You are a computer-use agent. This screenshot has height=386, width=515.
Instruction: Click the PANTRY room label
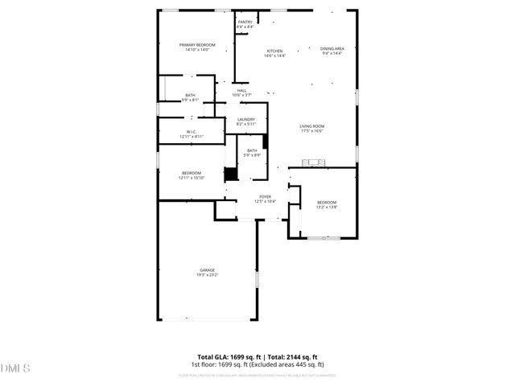tap(245, 23)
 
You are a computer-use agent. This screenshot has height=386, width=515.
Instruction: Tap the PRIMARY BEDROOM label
tap(194, 45)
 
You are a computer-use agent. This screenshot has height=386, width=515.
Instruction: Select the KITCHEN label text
tap(274, 51)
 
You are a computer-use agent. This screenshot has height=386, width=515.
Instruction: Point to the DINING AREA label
tap(332, 49)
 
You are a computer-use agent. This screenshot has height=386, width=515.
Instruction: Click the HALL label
tap(241, 91)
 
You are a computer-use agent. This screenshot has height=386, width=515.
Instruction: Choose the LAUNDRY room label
tap(245, 120)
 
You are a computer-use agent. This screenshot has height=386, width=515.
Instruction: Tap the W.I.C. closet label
tap(192, 132)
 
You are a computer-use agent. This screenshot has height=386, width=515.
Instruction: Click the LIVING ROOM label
tap(311, 126)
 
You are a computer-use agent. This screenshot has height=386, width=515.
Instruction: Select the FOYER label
tap(265, 196)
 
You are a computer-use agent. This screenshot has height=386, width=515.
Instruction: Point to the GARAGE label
tap(208, 270)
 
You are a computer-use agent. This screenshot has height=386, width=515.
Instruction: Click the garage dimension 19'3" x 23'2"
tap(208, 275)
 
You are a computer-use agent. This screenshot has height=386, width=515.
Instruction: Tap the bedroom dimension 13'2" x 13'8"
tap(326, 207)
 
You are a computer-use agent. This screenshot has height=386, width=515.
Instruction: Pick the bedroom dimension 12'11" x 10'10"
tap(192, 178)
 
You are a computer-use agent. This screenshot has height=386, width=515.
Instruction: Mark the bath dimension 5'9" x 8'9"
tap(252, 155)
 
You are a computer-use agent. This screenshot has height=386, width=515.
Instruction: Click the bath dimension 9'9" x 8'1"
tap(190, 100)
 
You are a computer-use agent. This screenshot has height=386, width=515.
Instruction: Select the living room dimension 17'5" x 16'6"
tap(311, 131)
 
